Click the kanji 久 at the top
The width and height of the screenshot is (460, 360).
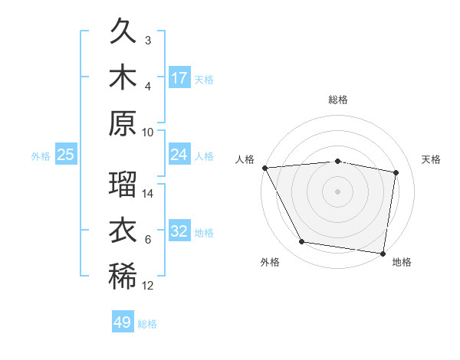click(x=123, y=32)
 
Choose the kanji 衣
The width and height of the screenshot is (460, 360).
click(x=123, y=232)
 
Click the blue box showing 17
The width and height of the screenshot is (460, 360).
click(x=179, y=78)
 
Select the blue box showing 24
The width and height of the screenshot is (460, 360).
click(x=179, y=155)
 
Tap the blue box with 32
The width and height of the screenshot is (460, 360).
click(x=179, y=231)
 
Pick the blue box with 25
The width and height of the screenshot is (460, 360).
click(x=66, y=155)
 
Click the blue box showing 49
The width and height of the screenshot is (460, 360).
click(x=123, y=322)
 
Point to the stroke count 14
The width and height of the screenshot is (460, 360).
click(x=148, y=195)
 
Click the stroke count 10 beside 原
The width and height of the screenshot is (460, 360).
click(x=148, y=132)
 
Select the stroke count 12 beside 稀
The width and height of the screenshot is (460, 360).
click(x=148, y=286)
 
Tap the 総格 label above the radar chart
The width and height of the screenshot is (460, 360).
click(x=338, y=100)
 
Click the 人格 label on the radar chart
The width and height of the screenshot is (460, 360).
click(x=246, y=159)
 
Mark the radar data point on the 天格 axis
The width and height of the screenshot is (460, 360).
click(x=396, y=172)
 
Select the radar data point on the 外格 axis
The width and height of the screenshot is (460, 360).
click(x=302, y=242)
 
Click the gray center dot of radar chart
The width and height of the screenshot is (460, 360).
click(x=338, y=191)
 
